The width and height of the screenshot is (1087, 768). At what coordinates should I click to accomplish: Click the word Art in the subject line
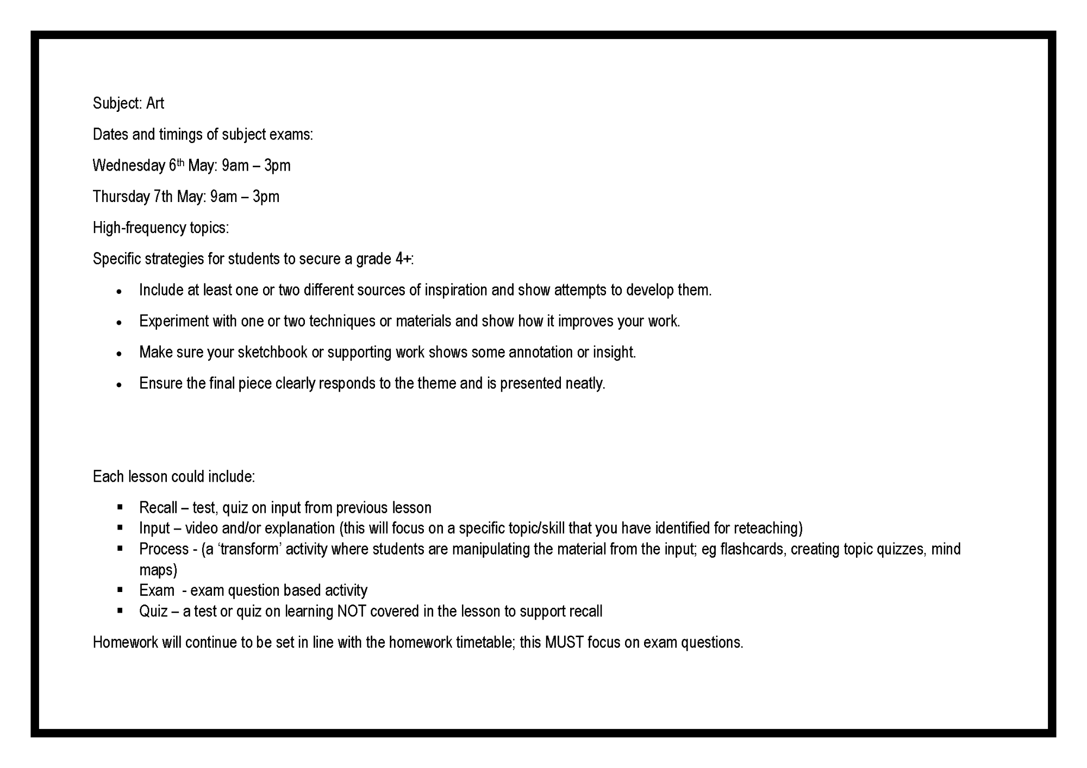[x=155, y=103]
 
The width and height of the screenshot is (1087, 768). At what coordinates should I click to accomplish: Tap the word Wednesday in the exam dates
[x=129, y=166]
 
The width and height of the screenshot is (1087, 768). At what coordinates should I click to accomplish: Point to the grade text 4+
[x=403, y=259]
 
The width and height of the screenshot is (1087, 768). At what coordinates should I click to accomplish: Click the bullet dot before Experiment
[x=119, y=323]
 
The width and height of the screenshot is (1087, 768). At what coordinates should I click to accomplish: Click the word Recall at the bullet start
[x=158, y=508]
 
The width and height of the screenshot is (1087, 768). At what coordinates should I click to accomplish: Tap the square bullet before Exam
[x=120, y=590]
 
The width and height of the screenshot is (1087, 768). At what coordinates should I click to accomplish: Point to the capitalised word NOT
[x=351, y=612]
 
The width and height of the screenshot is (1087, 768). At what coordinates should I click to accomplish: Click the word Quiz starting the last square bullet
[x=153, y=612]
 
